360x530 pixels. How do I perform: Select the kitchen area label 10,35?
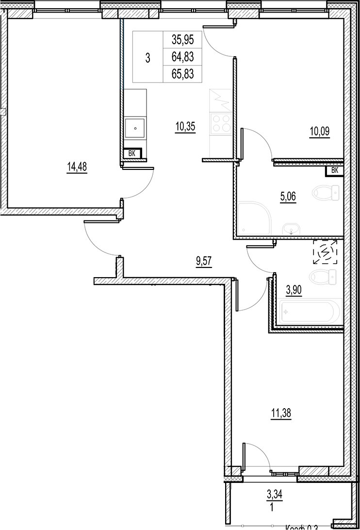point(185,128)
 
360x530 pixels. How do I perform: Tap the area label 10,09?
point(320,131)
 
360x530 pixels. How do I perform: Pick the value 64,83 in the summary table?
point(182,57)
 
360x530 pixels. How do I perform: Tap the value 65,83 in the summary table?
point(182,74)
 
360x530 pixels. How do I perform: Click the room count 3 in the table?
point(147,58)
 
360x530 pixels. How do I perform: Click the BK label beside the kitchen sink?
point(132,154)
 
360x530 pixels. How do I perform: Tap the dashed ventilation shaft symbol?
point(326,252)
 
